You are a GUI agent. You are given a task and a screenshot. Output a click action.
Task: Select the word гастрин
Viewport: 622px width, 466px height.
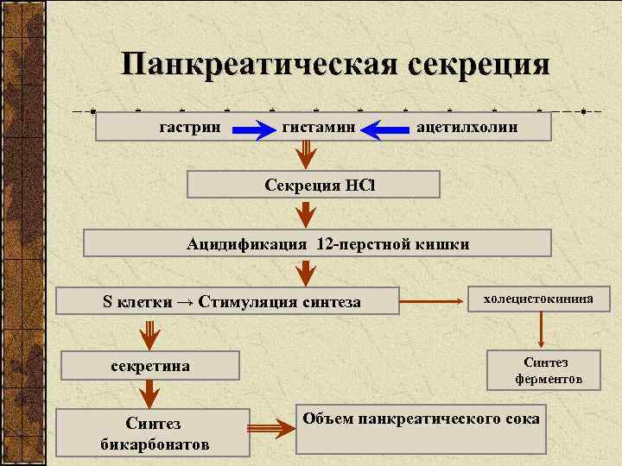(x=191, y=128)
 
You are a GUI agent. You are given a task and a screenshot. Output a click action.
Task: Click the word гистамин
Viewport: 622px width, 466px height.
(x=319, y=128)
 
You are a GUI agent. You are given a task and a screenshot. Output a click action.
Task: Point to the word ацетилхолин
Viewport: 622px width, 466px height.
(x=467, y=128)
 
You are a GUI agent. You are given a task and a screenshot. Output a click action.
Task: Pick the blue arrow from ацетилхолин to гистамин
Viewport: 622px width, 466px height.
(x=384, y=130)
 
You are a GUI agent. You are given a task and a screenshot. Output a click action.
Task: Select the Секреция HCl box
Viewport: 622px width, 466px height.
(x=314, y=185)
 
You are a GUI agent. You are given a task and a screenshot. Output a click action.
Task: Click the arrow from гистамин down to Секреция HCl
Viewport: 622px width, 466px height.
(x=306, y=155)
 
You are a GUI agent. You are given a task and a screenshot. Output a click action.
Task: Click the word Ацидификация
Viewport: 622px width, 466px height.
(x=247, y=244)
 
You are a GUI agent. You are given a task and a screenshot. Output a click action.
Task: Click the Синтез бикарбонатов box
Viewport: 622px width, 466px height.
(x=153, y=432)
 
